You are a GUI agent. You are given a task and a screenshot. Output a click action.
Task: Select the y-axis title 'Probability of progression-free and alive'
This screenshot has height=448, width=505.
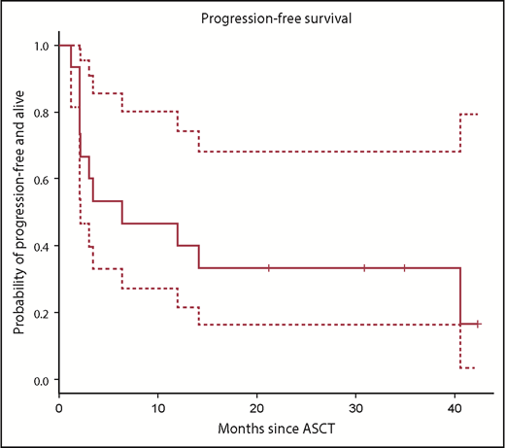[x=18, y=212]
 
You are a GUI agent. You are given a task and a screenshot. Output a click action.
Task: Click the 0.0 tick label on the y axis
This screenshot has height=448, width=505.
[x=40, y=379]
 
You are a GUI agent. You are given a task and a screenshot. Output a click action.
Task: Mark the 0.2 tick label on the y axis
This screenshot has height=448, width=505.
[x=40, y=313]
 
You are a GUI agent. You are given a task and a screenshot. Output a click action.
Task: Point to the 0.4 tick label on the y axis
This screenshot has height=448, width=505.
[x=40, y=246]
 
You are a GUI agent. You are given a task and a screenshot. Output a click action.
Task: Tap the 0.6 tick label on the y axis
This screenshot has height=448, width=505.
[x=40, y=179]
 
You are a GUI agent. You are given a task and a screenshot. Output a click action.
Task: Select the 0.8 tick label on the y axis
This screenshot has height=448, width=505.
[x=40, y=113]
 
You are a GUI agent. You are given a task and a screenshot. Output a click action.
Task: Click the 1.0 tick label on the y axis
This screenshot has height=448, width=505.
[x=40, y=46]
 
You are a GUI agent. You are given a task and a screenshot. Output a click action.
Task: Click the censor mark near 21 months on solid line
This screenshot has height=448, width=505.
[x=269, y=267]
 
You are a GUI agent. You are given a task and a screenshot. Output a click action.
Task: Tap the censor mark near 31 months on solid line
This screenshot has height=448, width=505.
[x=364, y=267]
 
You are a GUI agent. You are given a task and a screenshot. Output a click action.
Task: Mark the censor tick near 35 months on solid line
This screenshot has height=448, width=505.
[x=404, y=267]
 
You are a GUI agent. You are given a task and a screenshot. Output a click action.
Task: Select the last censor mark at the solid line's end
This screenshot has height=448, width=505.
[x=477, y=324]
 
